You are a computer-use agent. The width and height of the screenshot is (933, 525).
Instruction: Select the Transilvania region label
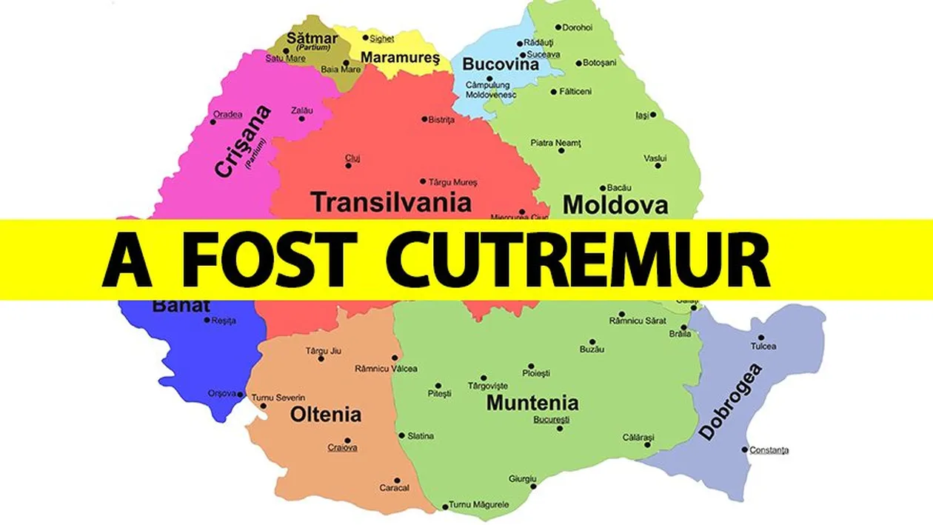391,201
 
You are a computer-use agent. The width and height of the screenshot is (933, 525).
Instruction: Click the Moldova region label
615,204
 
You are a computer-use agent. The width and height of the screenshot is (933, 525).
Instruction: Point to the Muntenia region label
532,403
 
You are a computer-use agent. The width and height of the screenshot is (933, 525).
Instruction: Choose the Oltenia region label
326,414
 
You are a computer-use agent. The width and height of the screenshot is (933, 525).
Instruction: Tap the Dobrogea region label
730,402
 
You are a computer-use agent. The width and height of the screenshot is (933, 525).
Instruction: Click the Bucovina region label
501,64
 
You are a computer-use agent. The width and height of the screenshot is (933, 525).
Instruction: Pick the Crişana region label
242,141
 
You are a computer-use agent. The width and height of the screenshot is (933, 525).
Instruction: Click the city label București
552,420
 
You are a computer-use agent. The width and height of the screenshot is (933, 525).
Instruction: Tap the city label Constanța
769,449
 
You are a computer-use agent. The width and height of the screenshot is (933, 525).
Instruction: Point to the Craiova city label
342,447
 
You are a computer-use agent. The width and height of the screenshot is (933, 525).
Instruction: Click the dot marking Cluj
349,166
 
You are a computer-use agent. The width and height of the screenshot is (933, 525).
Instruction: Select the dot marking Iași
652,115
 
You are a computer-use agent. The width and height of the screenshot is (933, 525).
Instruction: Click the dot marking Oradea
213,121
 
